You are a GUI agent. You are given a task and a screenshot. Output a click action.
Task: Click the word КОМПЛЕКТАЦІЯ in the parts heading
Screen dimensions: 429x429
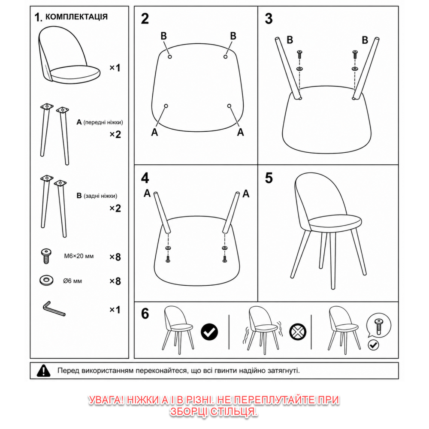(x=76, y=17)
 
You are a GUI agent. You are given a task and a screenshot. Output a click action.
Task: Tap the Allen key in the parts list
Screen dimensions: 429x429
(x=54, y=309)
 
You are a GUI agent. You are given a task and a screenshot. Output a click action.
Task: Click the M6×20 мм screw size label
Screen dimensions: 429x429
(x=79, y=256)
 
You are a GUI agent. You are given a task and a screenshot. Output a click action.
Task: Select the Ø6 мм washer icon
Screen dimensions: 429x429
(x=46, y=280)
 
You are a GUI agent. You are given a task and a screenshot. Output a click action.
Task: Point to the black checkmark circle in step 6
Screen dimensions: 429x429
(x=209, y=332)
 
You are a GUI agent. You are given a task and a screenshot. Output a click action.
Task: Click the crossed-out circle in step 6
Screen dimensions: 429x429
(x=298, y=332)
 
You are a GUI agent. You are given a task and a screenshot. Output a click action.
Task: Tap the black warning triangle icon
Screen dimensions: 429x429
(x=43, y=371)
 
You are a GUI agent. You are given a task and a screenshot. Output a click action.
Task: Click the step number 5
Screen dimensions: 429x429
(x=269, y=178)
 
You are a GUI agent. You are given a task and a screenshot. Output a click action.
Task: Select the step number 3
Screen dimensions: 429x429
(x=269, y=18)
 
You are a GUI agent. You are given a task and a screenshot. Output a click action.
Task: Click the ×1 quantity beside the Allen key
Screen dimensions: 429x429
(x=115, y=309)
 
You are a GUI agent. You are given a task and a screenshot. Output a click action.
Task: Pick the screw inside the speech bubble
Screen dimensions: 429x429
(x=379, y=326)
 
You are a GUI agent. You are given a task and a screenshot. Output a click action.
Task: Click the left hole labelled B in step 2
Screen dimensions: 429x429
(x=170, y=57)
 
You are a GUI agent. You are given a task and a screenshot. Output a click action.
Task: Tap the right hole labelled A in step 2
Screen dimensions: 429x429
(x=229, y=106)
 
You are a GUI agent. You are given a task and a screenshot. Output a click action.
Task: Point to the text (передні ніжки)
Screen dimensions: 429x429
(x=103, y=122)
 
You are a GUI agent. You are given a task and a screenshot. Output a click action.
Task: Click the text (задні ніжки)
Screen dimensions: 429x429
(x=100, y=196)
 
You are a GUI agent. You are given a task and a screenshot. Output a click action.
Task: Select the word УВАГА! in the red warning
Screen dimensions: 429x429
(x=106, y=400)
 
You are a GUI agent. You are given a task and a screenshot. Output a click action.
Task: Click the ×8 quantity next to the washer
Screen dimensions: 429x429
(x=115, y=281)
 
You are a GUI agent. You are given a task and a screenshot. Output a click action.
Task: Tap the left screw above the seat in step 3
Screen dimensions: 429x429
(x=299, y=54)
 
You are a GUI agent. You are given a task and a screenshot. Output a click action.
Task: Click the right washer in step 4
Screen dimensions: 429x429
(x=225, y=248)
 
